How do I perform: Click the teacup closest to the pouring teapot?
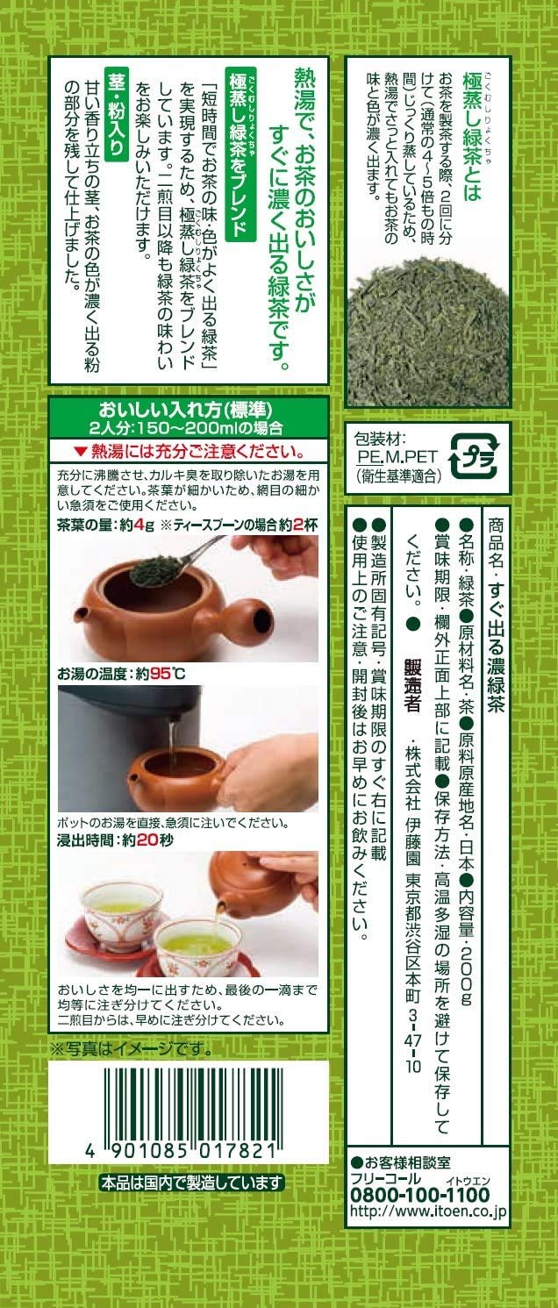point(197,943)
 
